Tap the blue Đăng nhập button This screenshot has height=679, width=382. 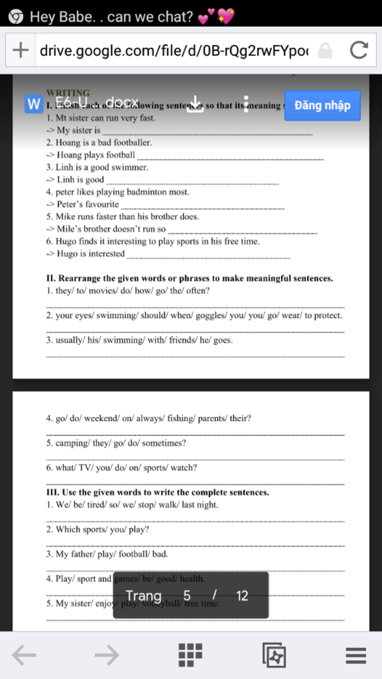(322, 106)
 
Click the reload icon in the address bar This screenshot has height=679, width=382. (359, 50)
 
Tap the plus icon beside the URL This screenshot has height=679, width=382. (21, 50)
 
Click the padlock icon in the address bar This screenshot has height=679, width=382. (325, 50)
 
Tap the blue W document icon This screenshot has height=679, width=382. (34, 104)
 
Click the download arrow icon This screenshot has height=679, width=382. (195, 104)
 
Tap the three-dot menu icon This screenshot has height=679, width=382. (246, 104)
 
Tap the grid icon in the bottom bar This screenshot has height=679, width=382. (190, 655)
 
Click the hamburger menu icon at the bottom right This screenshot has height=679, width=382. (356, 655)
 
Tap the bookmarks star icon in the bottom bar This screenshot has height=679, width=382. (274, 655)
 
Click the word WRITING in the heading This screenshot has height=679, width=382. (68, 93)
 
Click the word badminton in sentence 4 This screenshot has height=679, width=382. (146, 192)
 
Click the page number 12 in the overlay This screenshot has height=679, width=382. (242, 596)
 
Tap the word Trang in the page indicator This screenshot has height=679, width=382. (144, 596)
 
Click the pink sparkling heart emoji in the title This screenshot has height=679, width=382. (226, 16)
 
